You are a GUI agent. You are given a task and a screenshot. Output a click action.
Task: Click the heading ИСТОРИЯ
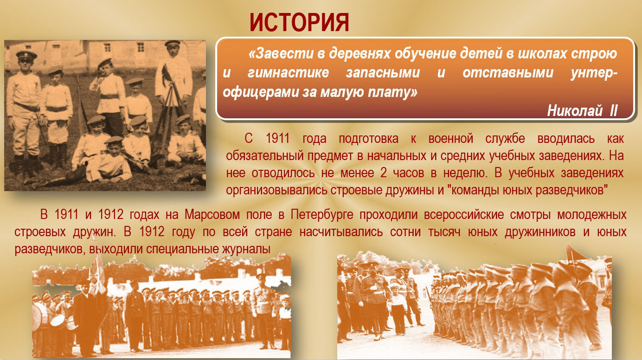(x=299, y=22)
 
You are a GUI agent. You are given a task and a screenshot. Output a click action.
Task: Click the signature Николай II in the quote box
(x=582, y=110)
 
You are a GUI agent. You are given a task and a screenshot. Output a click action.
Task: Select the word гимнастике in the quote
(x=288, y=72)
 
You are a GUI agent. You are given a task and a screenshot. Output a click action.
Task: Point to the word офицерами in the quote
(x=260, y=92)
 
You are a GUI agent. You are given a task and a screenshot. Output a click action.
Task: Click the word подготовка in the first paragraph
(x=368, y=139)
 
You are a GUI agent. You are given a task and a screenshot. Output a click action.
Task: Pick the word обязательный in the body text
(x=265, y=156)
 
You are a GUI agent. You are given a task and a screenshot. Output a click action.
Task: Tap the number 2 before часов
(x=384, y=173)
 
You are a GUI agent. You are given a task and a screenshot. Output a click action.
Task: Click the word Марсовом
(x=212, y=215)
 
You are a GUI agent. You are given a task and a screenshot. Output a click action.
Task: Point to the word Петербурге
(x=322, y=215)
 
